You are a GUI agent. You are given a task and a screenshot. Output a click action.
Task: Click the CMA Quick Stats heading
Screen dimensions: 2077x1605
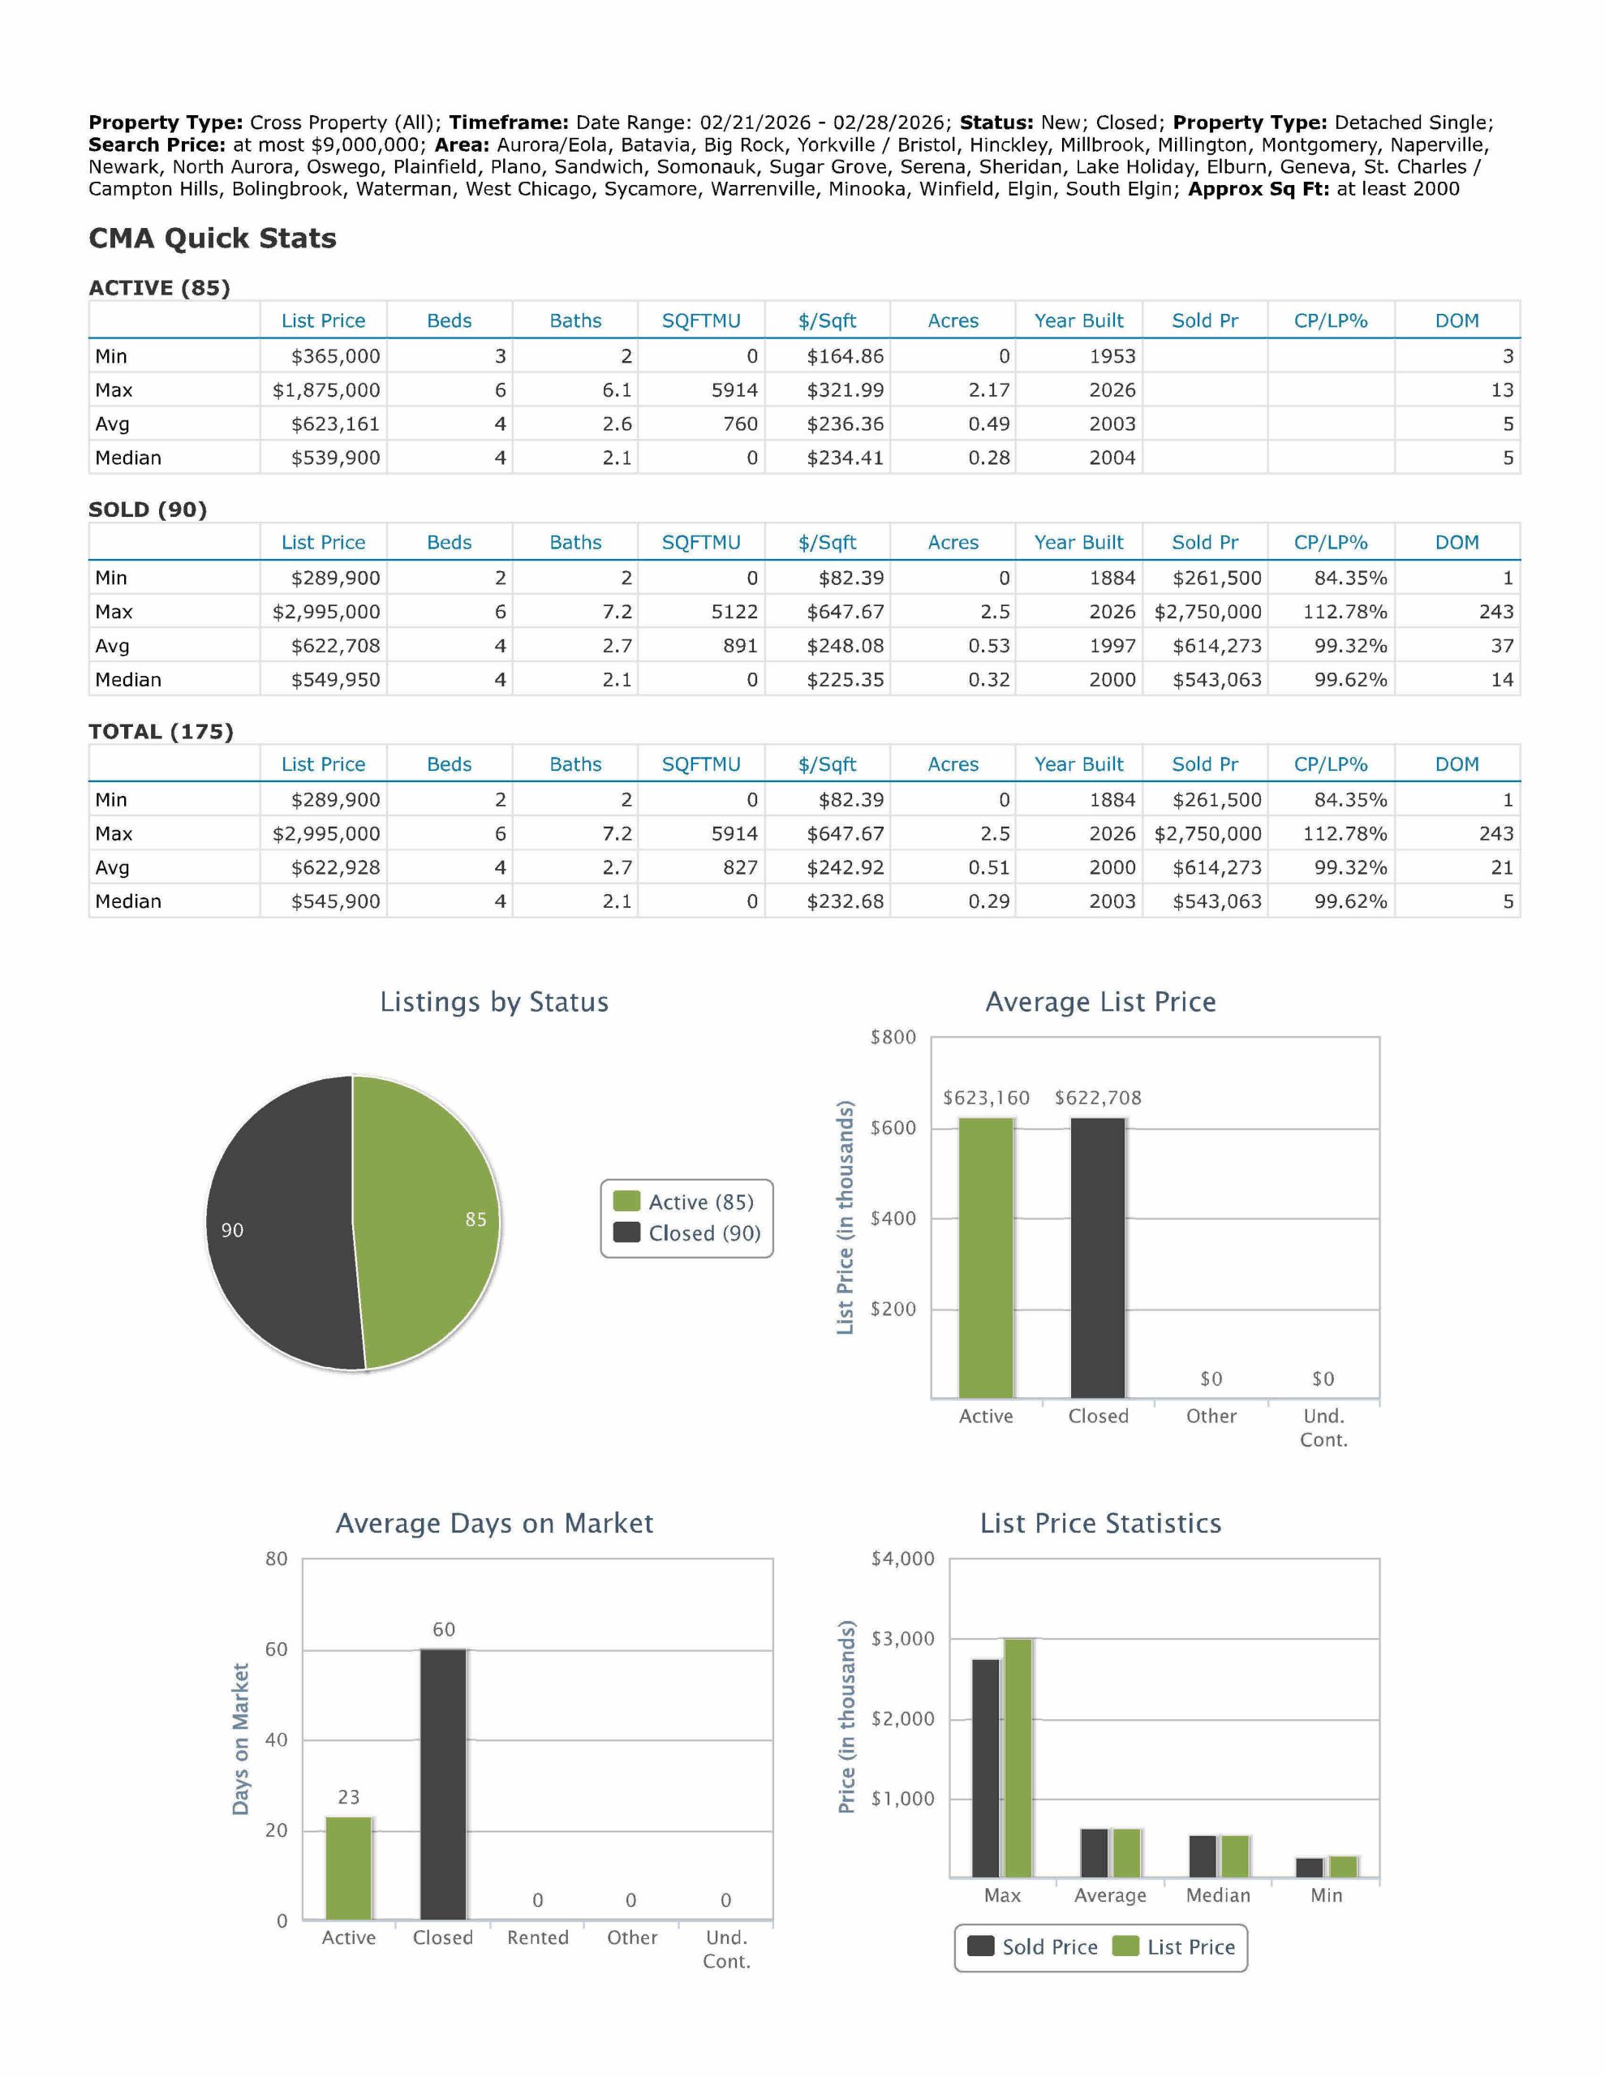click(212, 238)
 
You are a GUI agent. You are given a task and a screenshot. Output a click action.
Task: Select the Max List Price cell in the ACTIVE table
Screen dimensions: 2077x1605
click(325, 390)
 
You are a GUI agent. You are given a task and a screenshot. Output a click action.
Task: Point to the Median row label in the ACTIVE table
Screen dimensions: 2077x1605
click(128, 458)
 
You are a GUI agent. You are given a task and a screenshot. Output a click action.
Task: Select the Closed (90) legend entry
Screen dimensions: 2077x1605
click(687, 1233)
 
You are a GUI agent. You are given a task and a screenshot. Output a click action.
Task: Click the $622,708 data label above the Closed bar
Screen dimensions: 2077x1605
click(1097, 1098)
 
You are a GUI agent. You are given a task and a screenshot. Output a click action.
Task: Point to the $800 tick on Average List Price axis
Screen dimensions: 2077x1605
click(893, 1037)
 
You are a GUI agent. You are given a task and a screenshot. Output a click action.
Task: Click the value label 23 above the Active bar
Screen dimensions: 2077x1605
click(349, 1796)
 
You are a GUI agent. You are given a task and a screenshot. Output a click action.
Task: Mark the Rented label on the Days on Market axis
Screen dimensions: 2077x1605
click(537, 1937)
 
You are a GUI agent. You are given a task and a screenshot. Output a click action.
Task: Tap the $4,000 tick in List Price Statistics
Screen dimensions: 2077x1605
click(902, 1558)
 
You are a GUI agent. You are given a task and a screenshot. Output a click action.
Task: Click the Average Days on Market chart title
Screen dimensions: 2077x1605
click(494, 1523)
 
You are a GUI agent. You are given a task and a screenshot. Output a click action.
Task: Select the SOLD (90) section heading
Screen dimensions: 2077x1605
click(148, 509)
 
